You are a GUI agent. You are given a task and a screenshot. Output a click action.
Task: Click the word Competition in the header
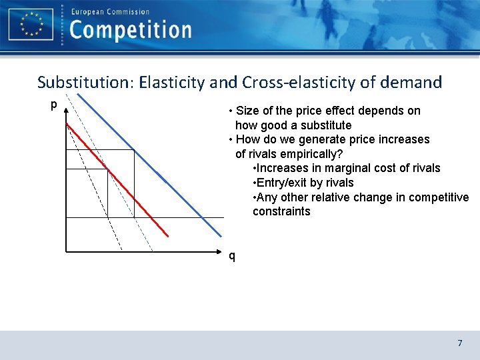point(131,30)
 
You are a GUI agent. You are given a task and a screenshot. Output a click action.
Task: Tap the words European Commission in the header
point(110,11)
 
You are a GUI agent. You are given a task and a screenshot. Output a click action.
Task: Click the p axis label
point(53,105)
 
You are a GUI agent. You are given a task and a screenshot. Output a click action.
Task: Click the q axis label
point(231,255)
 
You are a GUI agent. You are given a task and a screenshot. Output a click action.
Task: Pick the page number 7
point(459,343)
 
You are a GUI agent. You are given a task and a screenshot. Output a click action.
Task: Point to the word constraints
point(281,211)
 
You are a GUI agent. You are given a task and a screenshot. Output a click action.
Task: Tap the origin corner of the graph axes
point(66,251)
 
